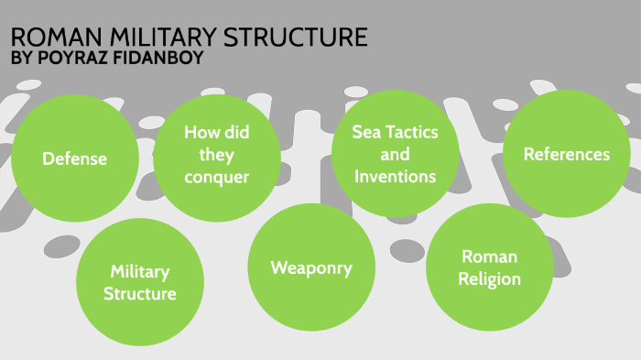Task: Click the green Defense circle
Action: click(74, 158)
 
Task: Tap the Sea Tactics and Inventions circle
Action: click(395, 154)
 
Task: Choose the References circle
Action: click(566, 154)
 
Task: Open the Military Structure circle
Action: click(139, 282)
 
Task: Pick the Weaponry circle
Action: click(310, 267)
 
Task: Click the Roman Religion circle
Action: click(490, 267)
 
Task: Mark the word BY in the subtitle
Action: click(19, 60)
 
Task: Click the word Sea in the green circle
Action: click(367, 132)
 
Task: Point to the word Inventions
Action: click(395, 176)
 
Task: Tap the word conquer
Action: click(216, 177)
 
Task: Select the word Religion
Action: click(490, 278)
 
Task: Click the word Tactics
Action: click(411, 132)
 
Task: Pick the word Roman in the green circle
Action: click(490, 256)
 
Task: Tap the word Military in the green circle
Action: click(139, 271)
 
